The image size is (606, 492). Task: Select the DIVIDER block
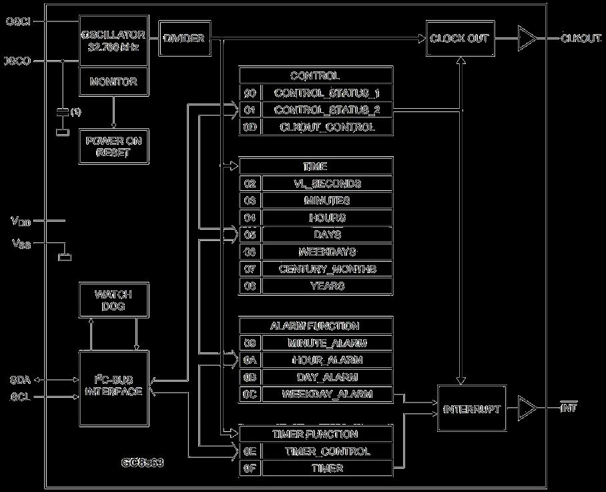pyautogui.click(x=184, y=39)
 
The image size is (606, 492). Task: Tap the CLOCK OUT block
pyautogui.click(x=459, y=39)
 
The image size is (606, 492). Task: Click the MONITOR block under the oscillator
pyautogui.click(x=113, y=82)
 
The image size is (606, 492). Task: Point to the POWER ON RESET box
pyautogui.click(x=113, y=146)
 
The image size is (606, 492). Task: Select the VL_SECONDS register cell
pyautogui.click(x=327, y=184)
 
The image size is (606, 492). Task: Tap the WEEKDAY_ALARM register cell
pyautogui.click(x=326, y=395)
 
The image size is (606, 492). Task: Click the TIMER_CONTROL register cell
pyautogui.click(x=327, y=451)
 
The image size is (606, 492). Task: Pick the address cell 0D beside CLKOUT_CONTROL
pyautogui.click(x=250, y=127)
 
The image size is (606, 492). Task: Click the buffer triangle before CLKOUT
pyautogui.click(x=527, y=39)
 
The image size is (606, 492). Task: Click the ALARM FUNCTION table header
pyautogui.click(x=315, y=326)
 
